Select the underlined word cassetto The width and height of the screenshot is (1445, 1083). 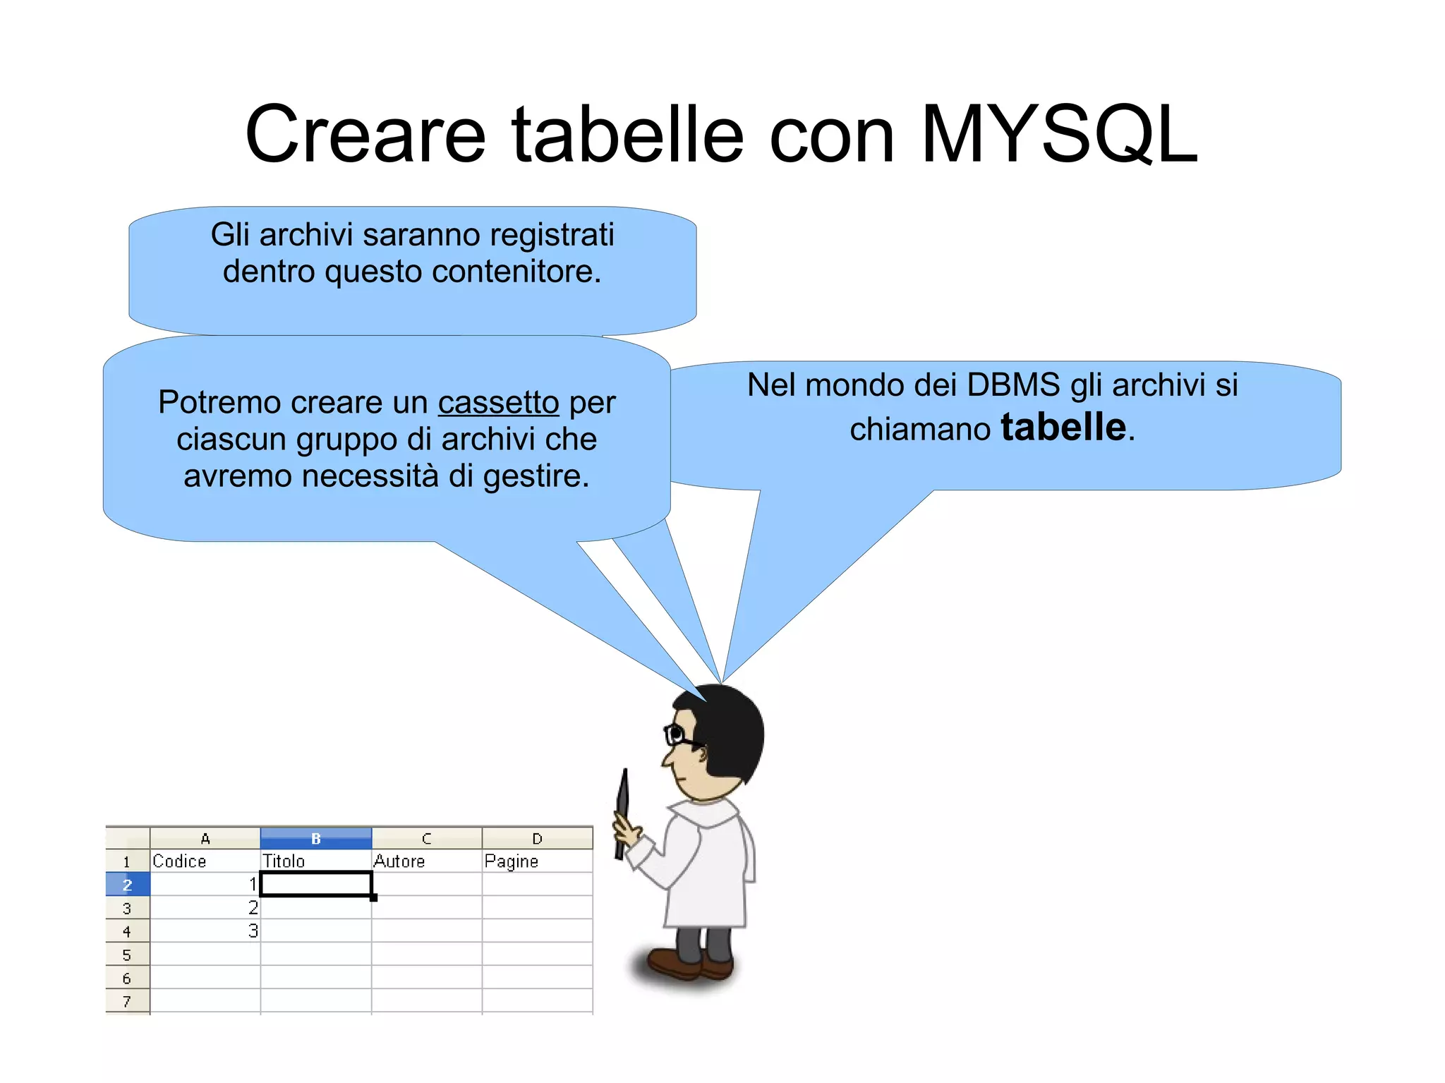click(x=498, y=403)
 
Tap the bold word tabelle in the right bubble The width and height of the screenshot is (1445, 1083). click(x=1063, y=428)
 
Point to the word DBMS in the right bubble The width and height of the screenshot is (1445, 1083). click(x=1013, y=385)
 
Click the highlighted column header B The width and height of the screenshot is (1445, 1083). click(x=315, y=838)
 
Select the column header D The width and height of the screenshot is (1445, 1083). click(x=537, y=838)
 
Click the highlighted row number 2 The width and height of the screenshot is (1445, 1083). click(x=127, y=885)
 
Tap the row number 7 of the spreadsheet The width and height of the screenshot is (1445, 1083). click(x=127, y=1001)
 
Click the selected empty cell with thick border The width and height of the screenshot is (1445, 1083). click(x=315, y=884)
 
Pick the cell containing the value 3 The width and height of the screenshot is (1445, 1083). click(x=205, y=931)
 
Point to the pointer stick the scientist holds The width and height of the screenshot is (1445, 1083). click(x=622, y=811)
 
